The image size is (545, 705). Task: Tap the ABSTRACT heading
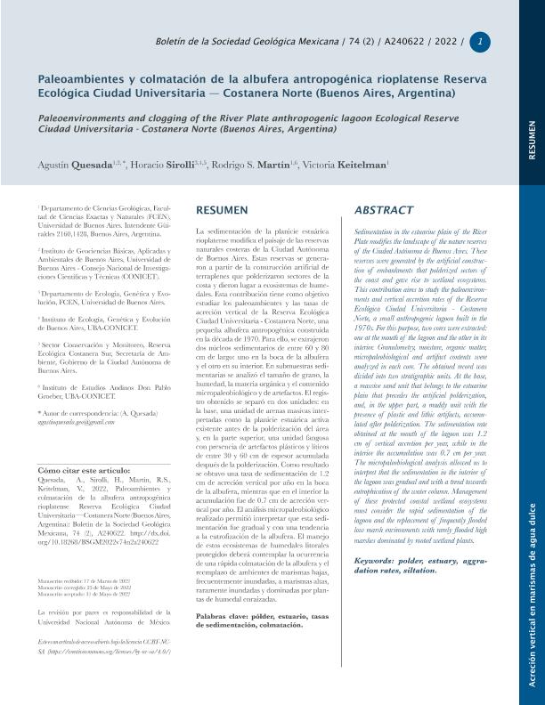click(x=384, y=210)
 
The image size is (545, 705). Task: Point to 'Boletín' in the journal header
click(x=173, y=42)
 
